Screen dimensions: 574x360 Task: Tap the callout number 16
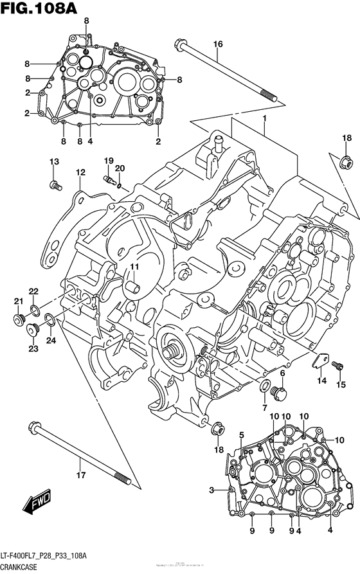point(218,44)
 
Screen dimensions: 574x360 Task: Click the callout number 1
point(264,119)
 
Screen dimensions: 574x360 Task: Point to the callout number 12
point(80,172)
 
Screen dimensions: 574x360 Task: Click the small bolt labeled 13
point(55,185)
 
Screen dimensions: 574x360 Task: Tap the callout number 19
point(109,160)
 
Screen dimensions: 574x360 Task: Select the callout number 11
point(135,267)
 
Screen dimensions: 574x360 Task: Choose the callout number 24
point(51,340)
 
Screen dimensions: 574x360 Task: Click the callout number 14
point(321,381)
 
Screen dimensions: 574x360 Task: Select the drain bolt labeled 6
point(278,390)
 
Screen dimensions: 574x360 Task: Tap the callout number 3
point(210,491)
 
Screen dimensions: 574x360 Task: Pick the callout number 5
point(241,435)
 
